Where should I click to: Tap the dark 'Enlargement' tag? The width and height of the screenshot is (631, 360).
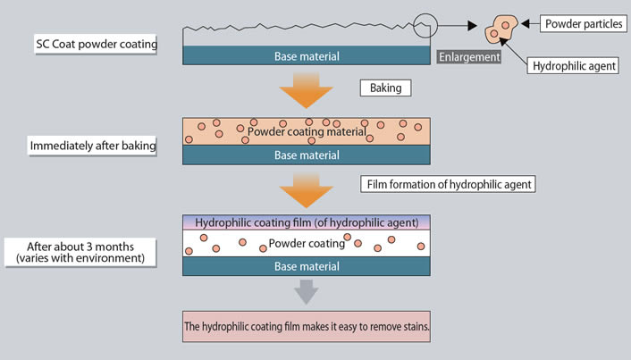click(467, 57)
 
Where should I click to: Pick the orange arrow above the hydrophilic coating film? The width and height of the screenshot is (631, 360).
click(307, 190)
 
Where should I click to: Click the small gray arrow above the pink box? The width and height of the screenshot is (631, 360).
click(307, 291)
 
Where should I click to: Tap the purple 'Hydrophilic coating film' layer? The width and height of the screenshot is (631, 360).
click(307, 222)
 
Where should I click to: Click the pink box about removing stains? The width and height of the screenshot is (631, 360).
click(307, 327)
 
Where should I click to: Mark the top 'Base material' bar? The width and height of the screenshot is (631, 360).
click(307, 56)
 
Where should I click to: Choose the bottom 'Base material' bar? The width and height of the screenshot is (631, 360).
click(307, 265)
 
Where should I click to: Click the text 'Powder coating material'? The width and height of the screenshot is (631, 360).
click(307, 131)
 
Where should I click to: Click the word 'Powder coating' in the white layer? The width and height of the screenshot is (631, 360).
click(307, 243)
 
